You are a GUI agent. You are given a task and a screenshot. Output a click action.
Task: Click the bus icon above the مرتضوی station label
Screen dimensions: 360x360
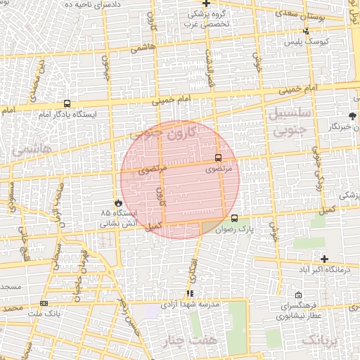tap(217, 157)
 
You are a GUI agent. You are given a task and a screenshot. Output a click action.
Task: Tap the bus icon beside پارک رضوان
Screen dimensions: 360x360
tap(234, 218)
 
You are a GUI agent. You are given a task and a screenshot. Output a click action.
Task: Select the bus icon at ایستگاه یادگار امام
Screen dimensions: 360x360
tap(67, 103)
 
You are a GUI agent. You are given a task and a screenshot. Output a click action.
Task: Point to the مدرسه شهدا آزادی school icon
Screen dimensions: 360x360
tap(189, 293)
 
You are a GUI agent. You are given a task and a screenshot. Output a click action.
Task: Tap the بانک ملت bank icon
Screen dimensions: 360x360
tap(44, 303)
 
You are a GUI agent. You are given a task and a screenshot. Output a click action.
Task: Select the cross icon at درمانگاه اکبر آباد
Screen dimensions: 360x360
tap(323, 259)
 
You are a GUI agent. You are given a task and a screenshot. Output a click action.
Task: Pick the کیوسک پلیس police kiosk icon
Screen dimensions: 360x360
tap(306, 31)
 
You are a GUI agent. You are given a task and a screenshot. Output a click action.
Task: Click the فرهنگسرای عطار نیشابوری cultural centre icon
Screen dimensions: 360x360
tap(299, 295)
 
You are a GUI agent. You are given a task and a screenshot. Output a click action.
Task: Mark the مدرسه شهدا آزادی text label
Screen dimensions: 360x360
tap(190, 304)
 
